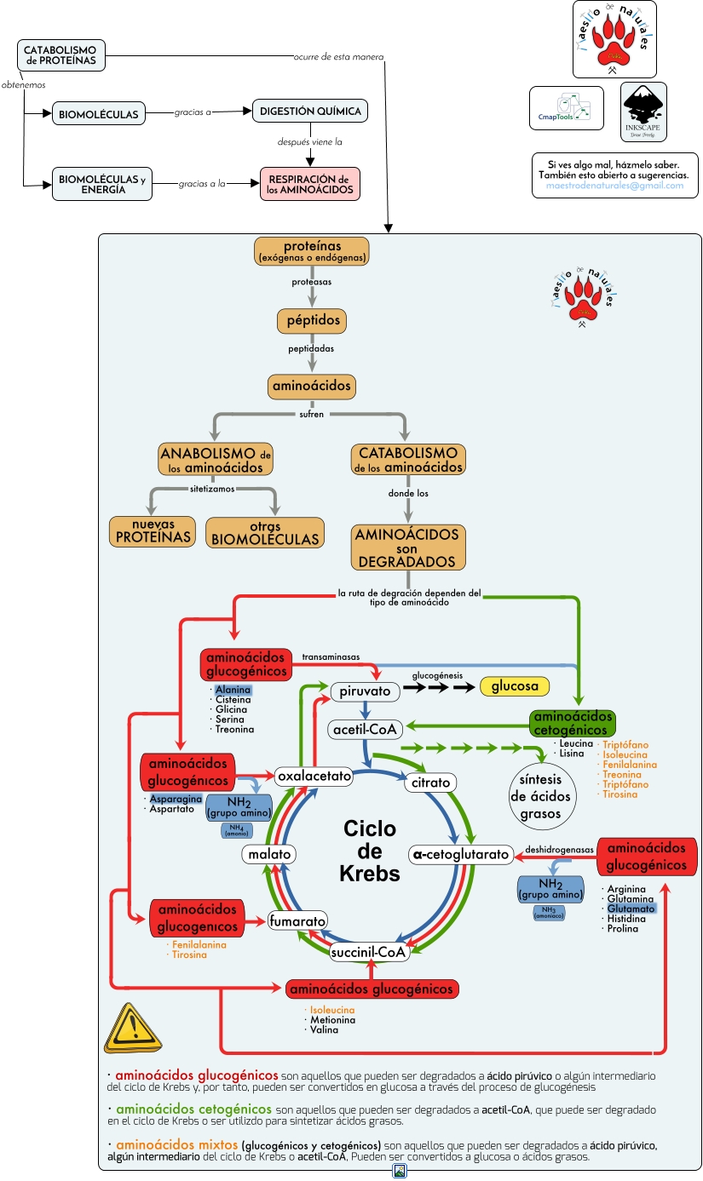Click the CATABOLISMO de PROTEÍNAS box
pyautogui.click(x=61, y=55)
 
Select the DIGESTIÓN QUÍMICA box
pyautogui.click(x=310, y=112)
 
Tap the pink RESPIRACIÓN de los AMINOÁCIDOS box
pyautogui.click(x=310, y=185)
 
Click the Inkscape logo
pyautogui.click(x=643, y=112)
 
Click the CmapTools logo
pyautogui.click(x=566, y=108)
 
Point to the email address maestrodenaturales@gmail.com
pyautogui.click(x=614, y=186)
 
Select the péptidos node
pyautogui.click(x=311, y=321)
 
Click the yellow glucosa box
pyautogui.click(x=515, y=685)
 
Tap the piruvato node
pyautogui.click(x=365, y=691)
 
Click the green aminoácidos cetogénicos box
pyautogui.click(x=571, y=724)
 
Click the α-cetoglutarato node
pyautogui.click(x=460, y=854)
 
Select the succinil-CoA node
pyautogui.click(x=370, y=952)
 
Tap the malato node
pyautogui.click(x=268, y=854)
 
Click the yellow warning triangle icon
pyautogui.click(x=132, y=1029)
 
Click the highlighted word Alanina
pyautogui.click(x=233, y=689)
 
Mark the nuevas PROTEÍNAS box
pyautogui.click(x=151, y=531)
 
